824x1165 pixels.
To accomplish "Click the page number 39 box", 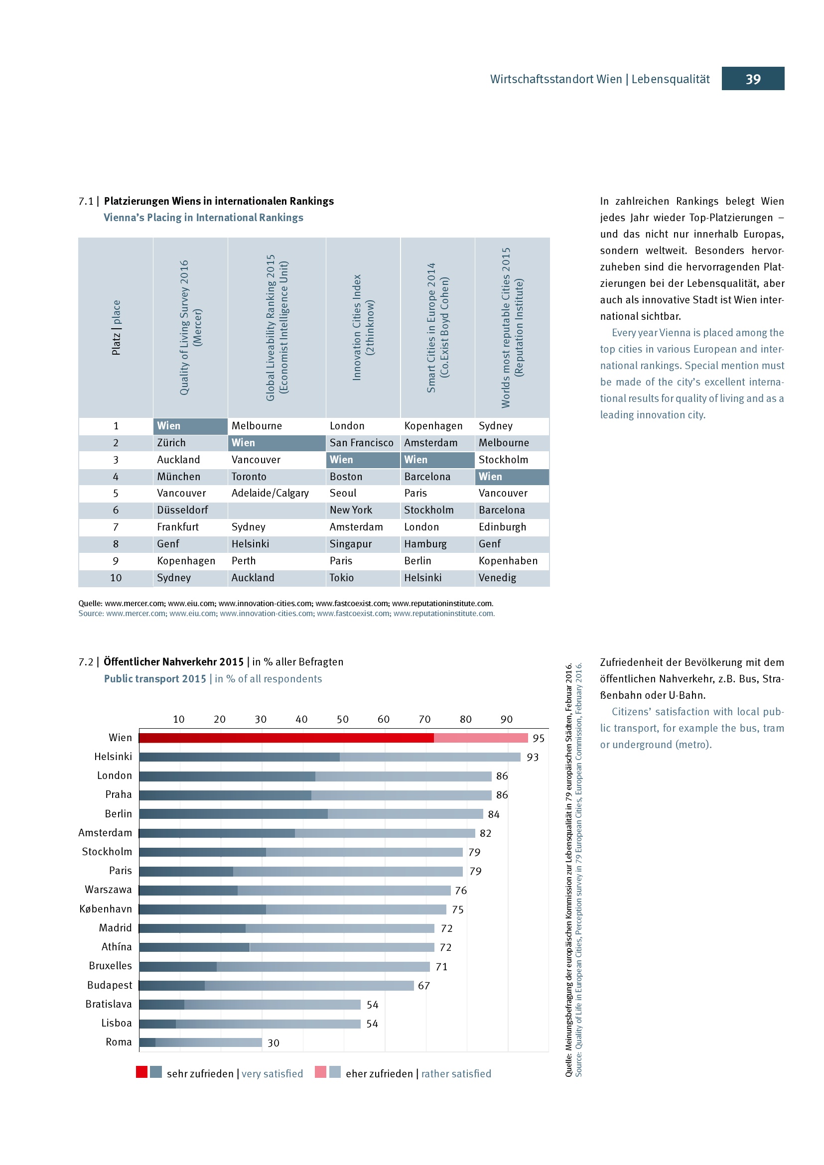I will point(752,79).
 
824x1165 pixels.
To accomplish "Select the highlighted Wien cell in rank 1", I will point(190,426).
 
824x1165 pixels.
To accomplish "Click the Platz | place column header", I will point(116,327).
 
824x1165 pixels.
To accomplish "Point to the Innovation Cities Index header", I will point(363,327).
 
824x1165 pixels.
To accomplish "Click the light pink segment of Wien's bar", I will point(480,738).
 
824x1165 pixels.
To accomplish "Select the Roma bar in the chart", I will point(200,1042).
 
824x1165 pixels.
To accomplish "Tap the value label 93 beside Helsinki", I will point(532,757).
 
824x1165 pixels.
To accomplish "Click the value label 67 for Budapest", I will point(423,985).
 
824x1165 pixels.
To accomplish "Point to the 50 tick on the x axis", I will point(342,719).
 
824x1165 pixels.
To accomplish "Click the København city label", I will point(106,909).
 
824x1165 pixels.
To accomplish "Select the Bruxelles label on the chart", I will point(110,966).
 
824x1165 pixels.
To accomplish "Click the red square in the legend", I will point(141,1072).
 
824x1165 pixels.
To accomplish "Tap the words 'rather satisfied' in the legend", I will point(456,1074).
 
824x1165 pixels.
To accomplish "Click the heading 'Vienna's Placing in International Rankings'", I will point(203,217).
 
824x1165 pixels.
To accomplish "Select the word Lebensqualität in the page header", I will point(670,79).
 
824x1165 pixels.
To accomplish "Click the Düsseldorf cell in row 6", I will point(183,510).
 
